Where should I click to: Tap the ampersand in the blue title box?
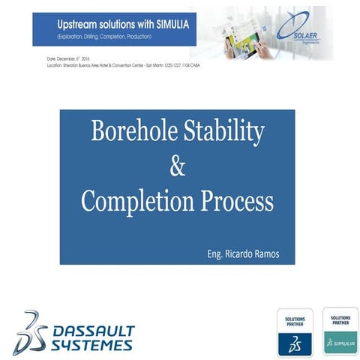coord(178,166)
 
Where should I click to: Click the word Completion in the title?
coord(141,201)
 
